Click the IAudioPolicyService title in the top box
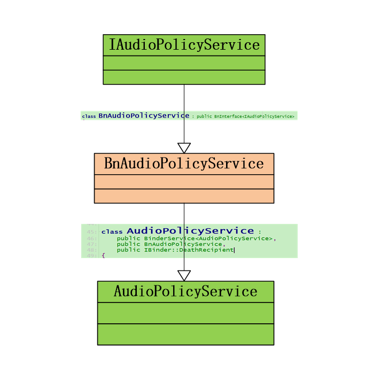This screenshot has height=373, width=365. point(184,45)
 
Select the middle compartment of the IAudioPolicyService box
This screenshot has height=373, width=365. point(184,63)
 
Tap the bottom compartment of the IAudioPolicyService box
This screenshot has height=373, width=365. point(184,77)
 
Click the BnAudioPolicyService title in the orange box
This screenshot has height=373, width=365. point(184,164)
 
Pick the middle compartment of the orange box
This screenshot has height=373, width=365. point(184,182)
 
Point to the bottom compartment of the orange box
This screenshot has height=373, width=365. point(184,196)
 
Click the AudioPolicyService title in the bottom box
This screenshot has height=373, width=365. point(185,292)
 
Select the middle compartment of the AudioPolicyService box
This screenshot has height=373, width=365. point(185,313)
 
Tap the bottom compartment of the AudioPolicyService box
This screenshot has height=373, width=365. point(185,334)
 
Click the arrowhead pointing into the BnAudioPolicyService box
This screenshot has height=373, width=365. point(184,148)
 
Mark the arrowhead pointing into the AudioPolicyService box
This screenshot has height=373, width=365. point(184,276)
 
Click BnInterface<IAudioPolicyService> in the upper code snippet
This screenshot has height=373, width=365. point(254,116)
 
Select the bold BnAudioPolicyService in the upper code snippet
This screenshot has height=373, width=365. point(144,115)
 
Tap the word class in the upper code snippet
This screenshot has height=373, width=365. point(89,116)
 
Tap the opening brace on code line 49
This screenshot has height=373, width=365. point(103,255)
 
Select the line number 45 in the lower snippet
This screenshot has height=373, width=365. point(91,232)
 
